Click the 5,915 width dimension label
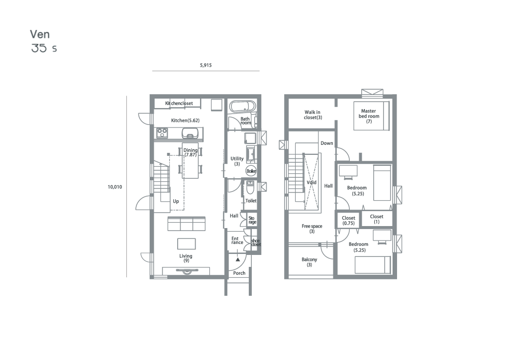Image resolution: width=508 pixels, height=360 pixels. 205,65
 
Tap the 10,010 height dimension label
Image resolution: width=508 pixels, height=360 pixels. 115,187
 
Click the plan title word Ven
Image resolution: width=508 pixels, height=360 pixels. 40,34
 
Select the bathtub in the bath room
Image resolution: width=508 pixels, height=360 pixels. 243,106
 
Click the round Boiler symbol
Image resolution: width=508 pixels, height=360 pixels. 251,171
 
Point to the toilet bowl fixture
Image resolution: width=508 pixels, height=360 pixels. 250,187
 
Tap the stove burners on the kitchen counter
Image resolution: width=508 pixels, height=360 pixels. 162,132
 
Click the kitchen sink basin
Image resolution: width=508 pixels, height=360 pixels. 190,132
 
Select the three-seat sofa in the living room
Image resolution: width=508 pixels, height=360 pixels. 186,224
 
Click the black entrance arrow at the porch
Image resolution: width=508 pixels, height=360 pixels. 238,259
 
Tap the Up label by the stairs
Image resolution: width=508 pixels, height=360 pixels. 176,201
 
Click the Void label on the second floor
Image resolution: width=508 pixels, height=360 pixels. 311,182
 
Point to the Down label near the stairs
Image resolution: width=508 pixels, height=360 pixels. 327,143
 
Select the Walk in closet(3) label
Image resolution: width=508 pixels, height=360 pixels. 312,115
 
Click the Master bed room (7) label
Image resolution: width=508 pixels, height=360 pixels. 369,116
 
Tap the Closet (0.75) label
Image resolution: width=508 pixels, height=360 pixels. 349,221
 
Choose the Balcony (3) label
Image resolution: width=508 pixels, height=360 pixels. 309,262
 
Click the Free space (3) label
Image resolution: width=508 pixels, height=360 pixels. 312,229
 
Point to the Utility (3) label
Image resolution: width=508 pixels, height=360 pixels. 237,161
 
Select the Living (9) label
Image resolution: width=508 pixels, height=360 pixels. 186,258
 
